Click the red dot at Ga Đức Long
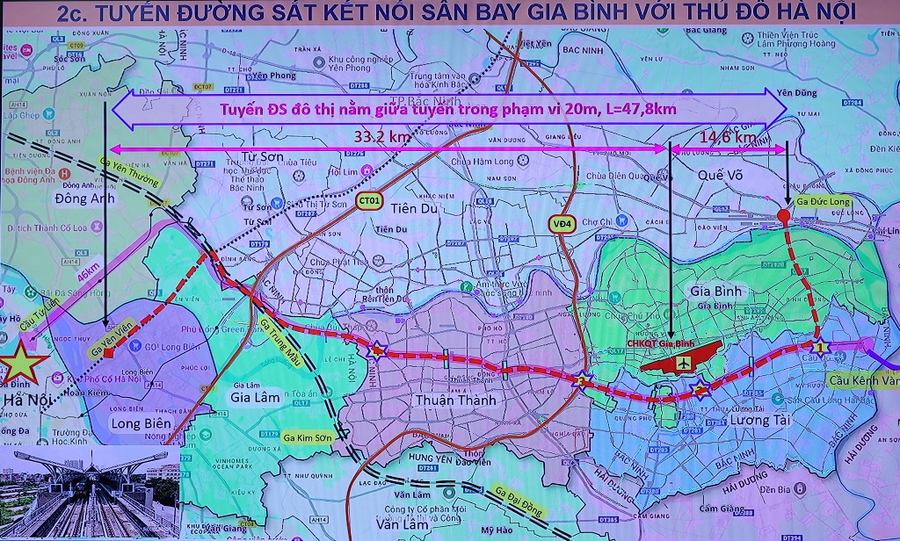[x=784, y=216]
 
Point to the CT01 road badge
[x=370, y=201]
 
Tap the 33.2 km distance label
[x=382, y=137]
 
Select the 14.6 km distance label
[x=727, y=137]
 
